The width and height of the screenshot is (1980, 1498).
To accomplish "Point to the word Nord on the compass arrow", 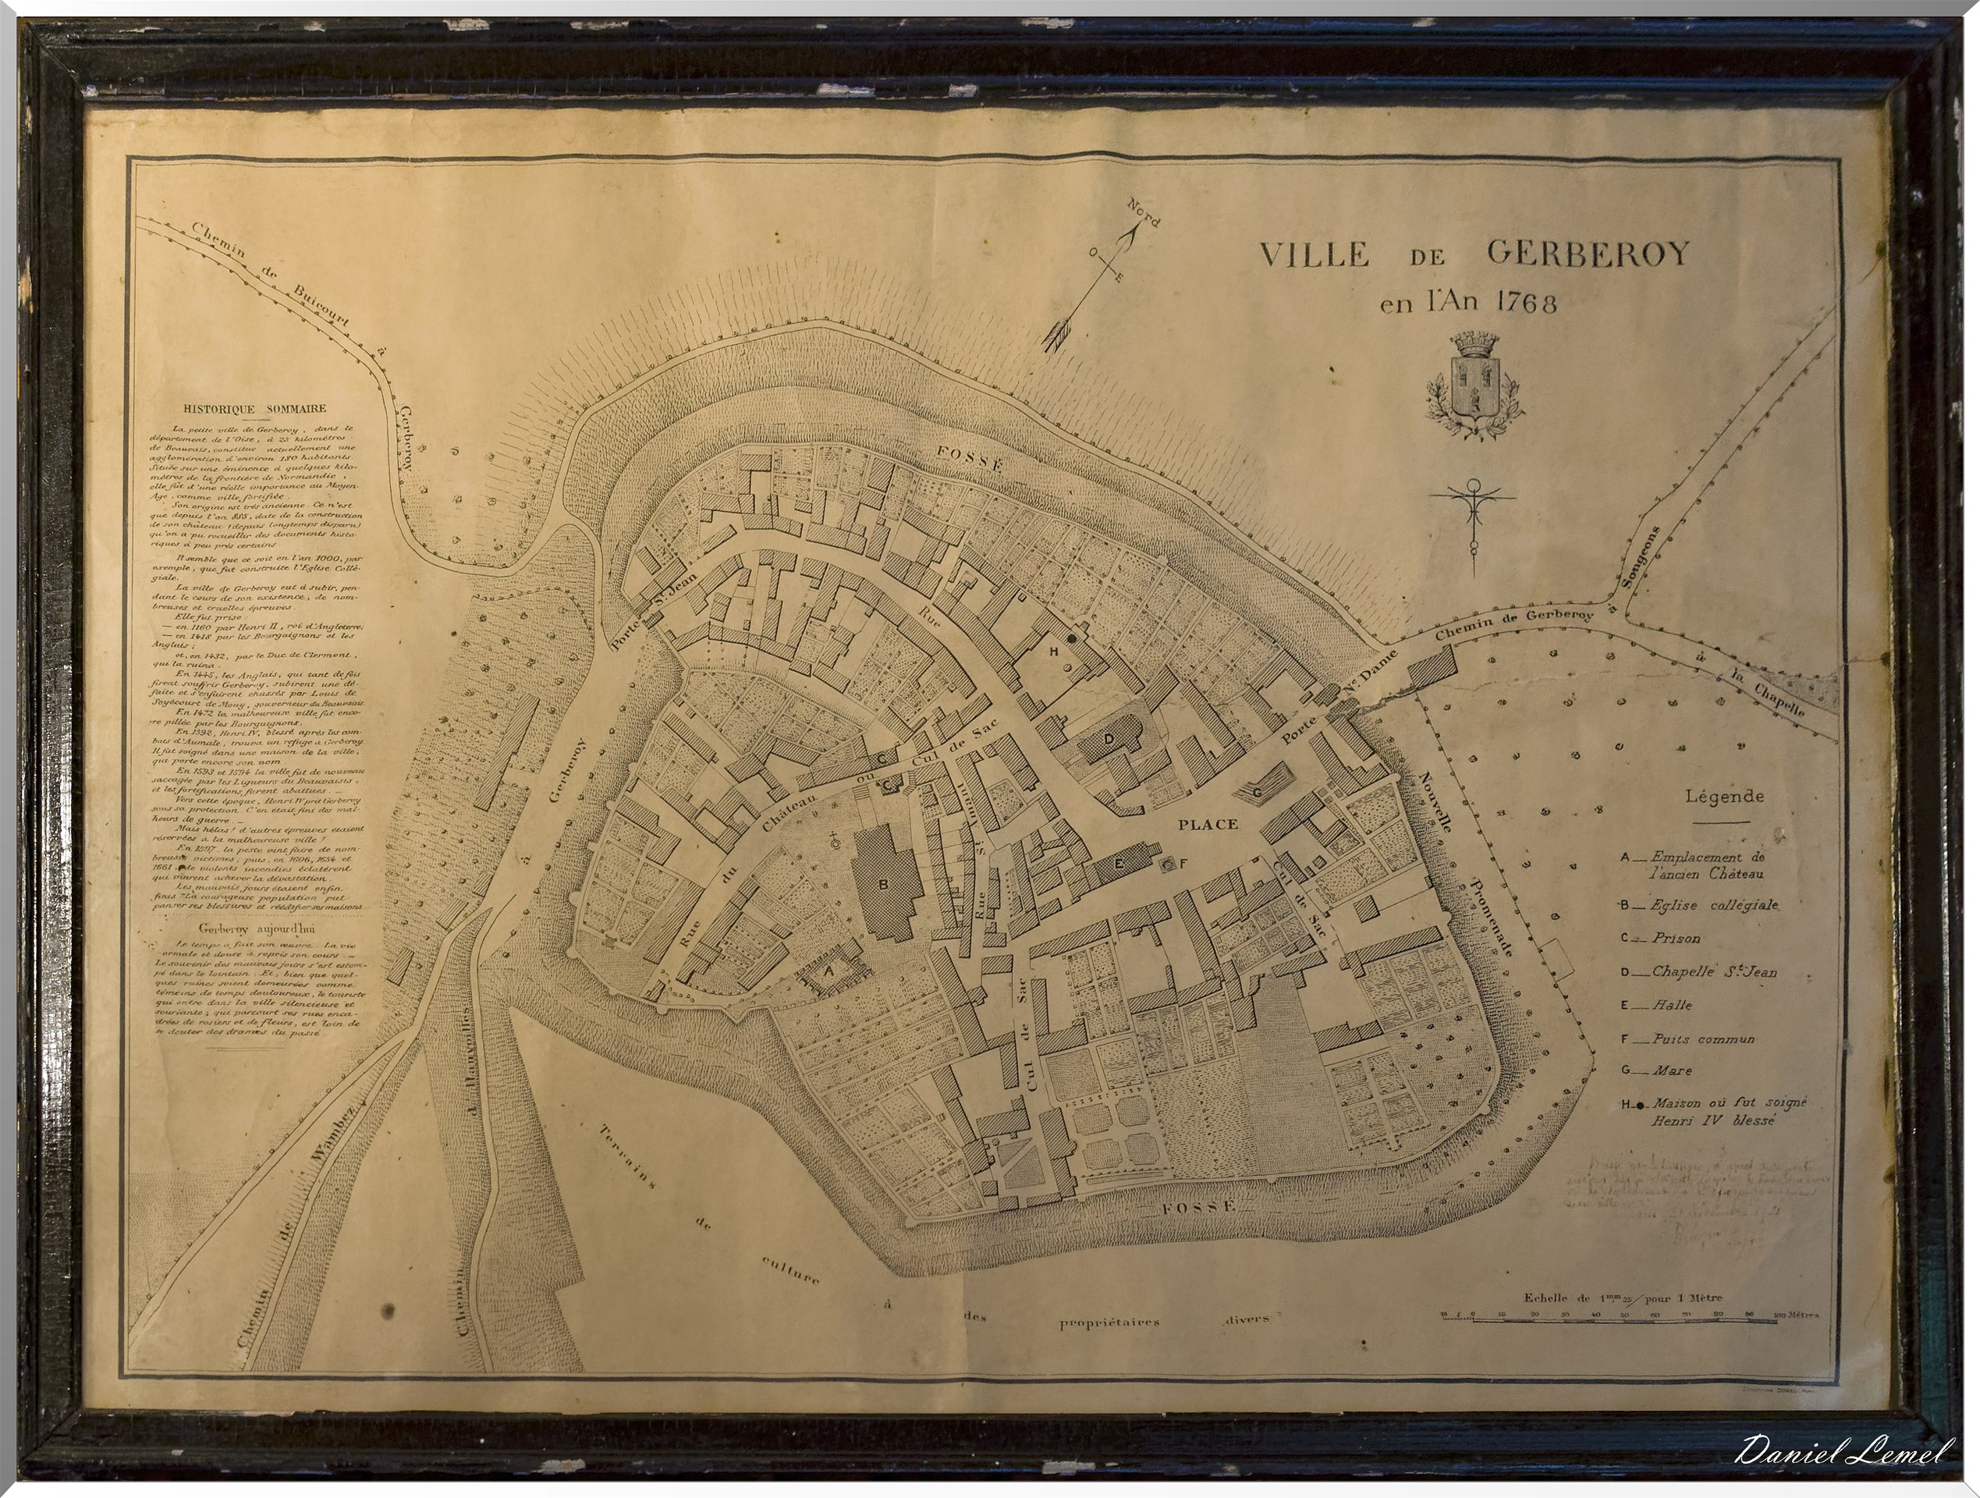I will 1143,212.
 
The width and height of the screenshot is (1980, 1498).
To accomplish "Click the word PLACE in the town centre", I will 1208,824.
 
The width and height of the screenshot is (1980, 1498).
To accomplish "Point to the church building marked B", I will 886,882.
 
